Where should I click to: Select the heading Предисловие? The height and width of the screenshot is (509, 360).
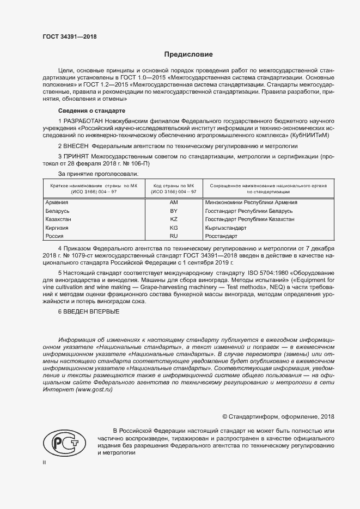188,55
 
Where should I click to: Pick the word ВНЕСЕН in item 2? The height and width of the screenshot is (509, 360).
77,146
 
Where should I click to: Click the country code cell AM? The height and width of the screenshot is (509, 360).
174,202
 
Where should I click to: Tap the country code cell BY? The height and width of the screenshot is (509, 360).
174,211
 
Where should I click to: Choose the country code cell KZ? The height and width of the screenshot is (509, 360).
174,219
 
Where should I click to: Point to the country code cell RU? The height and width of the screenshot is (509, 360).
174,236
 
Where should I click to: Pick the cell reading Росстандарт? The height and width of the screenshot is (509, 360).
221,236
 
